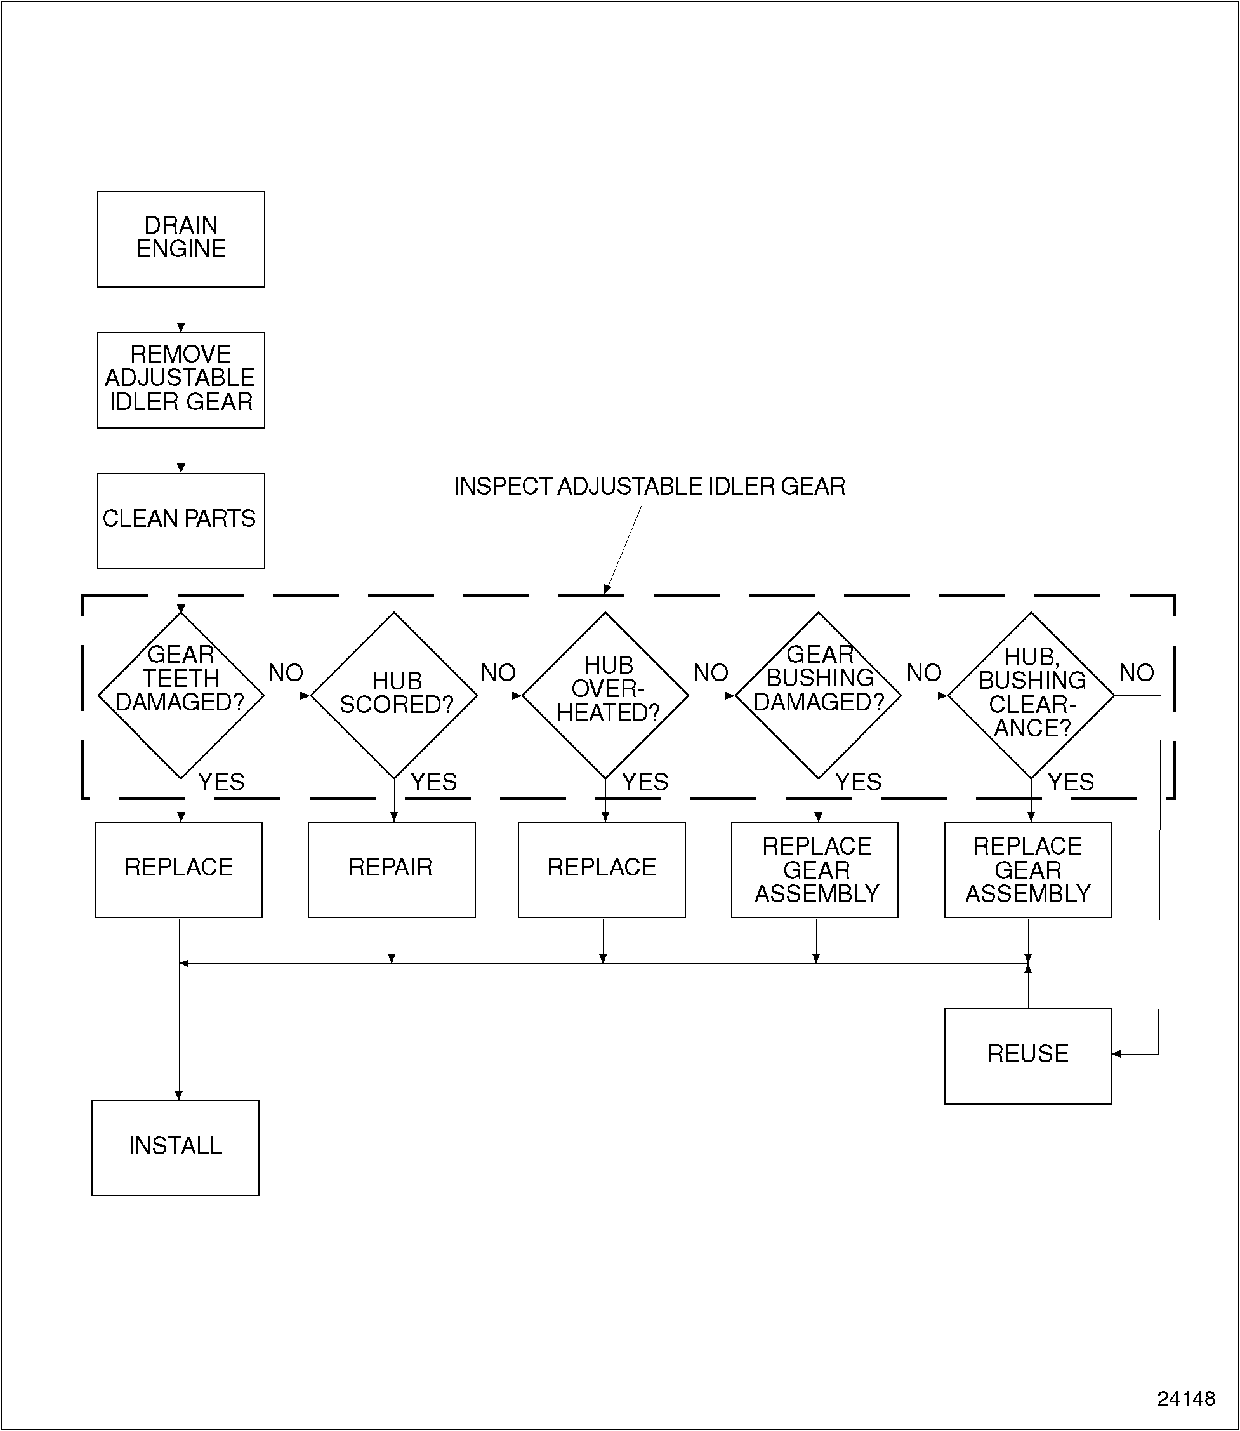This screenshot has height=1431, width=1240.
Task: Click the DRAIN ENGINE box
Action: [181, 239]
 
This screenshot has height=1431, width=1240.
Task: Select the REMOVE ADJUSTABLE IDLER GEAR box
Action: [181, 380]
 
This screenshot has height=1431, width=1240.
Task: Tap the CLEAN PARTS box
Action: [181, 521]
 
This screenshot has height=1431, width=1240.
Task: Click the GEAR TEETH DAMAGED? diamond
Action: [181, 695]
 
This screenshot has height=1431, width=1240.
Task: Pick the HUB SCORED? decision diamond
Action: [393, 695]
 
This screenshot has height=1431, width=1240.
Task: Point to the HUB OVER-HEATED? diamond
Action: [605, 695]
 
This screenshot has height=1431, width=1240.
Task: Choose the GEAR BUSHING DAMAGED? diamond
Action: [818, 695]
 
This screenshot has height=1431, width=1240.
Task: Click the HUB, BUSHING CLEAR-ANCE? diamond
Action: [1031, 695]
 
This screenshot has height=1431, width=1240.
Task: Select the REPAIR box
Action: [391, 869]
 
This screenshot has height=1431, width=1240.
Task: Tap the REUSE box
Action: [1027, 1055]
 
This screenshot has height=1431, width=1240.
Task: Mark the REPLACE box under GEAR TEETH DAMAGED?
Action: [178, 869]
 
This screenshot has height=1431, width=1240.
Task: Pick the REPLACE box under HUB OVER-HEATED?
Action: [602, 869]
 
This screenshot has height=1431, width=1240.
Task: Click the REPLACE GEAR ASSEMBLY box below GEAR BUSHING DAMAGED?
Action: [814, 869]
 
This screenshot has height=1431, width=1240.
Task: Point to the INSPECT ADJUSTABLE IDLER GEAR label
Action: [649, 487]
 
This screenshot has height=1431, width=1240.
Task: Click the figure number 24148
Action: [1185, 1399]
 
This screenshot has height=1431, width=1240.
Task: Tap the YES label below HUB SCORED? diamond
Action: [433, 782]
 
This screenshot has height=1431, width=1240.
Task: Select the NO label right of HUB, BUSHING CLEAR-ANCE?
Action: [1136, 672]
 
